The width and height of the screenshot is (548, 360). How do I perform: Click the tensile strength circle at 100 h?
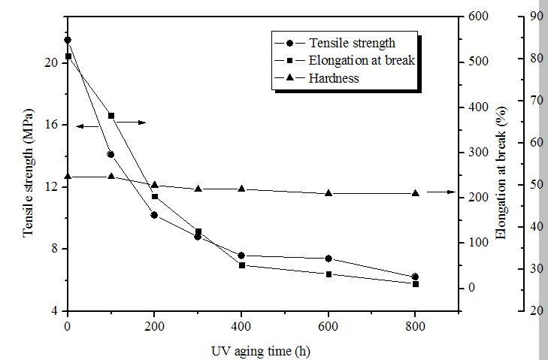click(x=111, y=154)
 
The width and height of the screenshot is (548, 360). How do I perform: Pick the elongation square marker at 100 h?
click(x=111, y=116)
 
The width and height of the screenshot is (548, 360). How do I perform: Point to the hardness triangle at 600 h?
click(x=328, y=193)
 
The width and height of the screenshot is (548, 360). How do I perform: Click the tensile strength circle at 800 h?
click(x=415, y=277)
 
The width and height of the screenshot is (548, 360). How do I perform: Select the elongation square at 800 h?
click(x=415, y=283)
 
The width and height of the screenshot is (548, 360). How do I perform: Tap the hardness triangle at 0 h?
click(x=68, y=177)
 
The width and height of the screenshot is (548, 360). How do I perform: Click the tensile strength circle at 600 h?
click(x=328, y=259)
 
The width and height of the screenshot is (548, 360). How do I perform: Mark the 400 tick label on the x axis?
click(x=241, y=325)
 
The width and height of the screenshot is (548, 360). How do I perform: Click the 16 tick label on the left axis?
click(x=51, y=125)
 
